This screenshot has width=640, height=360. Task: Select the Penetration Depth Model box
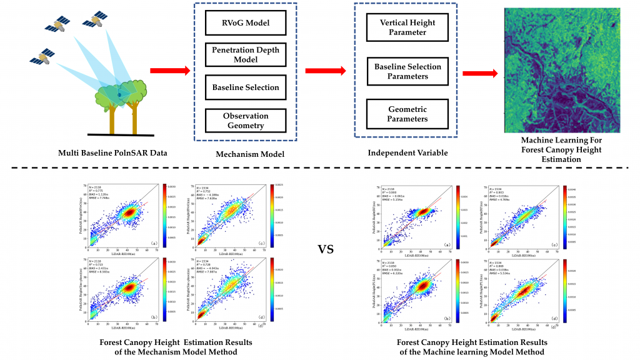[x=245, y=55]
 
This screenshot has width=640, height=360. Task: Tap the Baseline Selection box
[x=245, y=87]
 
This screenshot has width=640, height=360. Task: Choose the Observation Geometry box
[x=245, y=121]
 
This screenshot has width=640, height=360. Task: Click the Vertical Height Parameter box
[x=407, y=27]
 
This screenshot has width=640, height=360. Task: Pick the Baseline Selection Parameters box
[x=407, y=71]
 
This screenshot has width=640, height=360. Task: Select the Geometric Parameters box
[x=407, y=114]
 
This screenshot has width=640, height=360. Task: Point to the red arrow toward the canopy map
[x=479, y=74]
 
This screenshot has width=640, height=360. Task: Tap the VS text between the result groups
[x=326, y=250]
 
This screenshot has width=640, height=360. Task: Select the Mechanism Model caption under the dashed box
[x=245, y=152]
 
